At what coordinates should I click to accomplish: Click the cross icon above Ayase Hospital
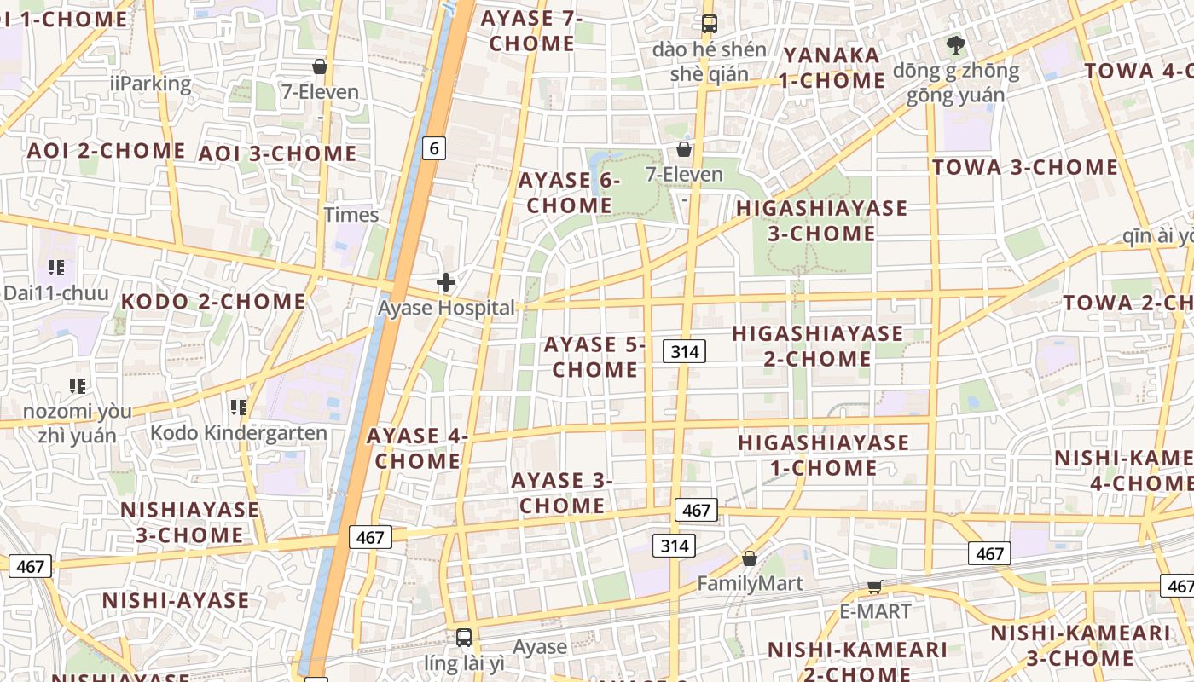pyautogui.click(x=446, y=282)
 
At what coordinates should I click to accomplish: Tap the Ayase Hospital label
pyautogui.click(x=447, y=308)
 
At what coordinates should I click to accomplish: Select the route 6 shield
pyautogui.click(x=434, y=148)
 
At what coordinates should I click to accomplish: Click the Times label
pyautogui.click(x=351, y=215)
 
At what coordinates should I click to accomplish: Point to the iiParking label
pyautogui.click(x=151, y=84)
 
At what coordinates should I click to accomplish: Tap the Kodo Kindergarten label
pyautogui.click(x=239, y=433)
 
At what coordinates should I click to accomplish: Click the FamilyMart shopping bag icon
pyautogui.click(x=749, y=558)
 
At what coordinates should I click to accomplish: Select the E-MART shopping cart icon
pyautogui.click(x=874, y=587)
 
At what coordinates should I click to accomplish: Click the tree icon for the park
pyautogui.click(x=955, y=44)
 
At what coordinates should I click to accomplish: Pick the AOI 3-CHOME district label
pyautogui.click(x=277, y=154)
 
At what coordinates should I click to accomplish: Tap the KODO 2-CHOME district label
pyautogui.click(x=213, y=302)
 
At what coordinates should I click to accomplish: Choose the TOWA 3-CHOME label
pyautogui.click(x=1024, y=168)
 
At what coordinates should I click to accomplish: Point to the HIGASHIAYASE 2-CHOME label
pyautogui.click(x=817, y=345)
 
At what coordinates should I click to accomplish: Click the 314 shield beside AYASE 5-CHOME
pyautogui.click(x=685, y=350)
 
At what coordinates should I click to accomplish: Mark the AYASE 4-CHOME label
pyautogui.click(x=418, y=448)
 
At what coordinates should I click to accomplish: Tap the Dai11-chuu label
pyautogui.click(x=56, y=293)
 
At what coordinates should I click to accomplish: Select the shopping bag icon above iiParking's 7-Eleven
pyautogui.click(x=320, y=66)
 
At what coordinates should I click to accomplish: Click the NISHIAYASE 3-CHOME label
pyautogui.click(x=189, y=523)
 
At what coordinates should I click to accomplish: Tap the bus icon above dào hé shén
pyautogui.click(x=709, y=24)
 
